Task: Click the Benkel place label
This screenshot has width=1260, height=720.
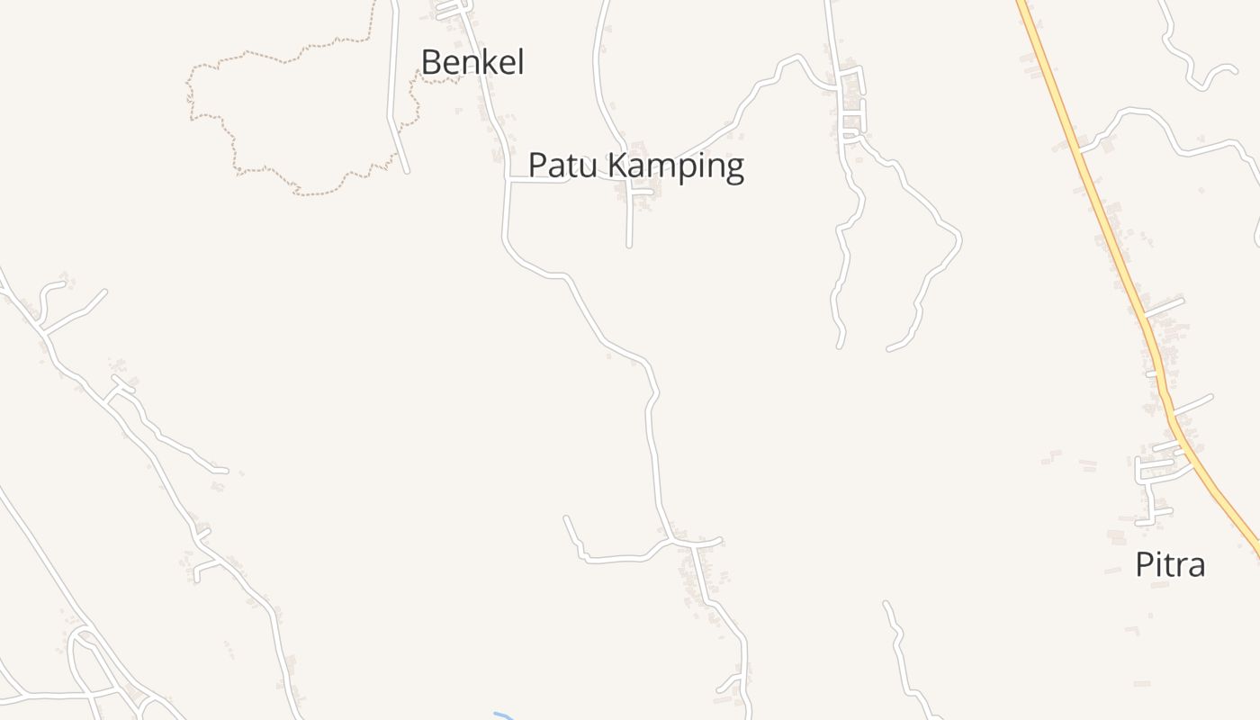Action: coord(472,62)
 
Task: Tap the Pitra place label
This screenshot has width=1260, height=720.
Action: coord(1169,565)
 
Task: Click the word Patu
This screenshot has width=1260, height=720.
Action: coord(562,166)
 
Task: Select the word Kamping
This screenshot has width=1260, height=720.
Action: coord(676,166)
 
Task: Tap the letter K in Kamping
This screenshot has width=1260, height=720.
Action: coord(618,166)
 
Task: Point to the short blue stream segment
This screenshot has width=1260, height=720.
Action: coord(502,715)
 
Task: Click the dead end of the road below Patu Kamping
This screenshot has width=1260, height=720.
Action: coord(629,244)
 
